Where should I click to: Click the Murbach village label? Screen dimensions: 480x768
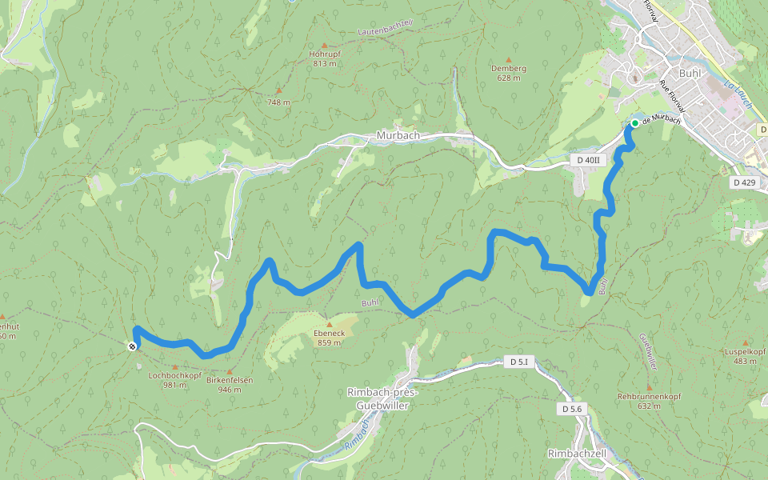click(398, 136)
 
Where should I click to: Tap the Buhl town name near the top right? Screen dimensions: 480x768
click(689, 73)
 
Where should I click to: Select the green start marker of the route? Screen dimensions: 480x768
click(634, 122)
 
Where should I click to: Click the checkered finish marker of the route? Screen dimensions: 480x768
click(131, 346)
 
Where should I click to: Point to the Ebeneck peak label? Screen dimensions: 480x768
click(328, 333)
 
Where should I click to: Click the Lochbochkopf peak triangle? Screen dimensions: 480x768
click(175, 366)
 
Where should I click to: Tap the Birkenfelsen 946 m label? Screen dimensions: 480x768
click(229, 385)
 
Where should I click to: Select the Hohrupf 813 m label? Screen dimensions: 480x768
click(324, 58)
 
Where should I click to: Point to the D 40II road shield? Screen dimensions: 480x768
click(588, 161)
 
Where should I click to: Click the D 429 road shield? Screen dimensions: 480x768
click(743, 182)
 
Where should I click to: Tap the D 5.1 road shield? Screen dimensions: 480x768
click(519, 362)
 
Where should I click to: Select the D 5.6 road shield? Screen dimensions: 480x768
click(571, 409)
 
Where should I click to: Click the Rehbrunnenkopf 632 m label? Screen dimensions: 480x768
click(650, 401)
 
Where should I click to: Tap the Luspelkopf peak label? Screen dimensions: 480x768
click(745, 356)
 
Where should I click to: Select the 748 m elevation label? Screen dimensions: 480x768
click(278, 102)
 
